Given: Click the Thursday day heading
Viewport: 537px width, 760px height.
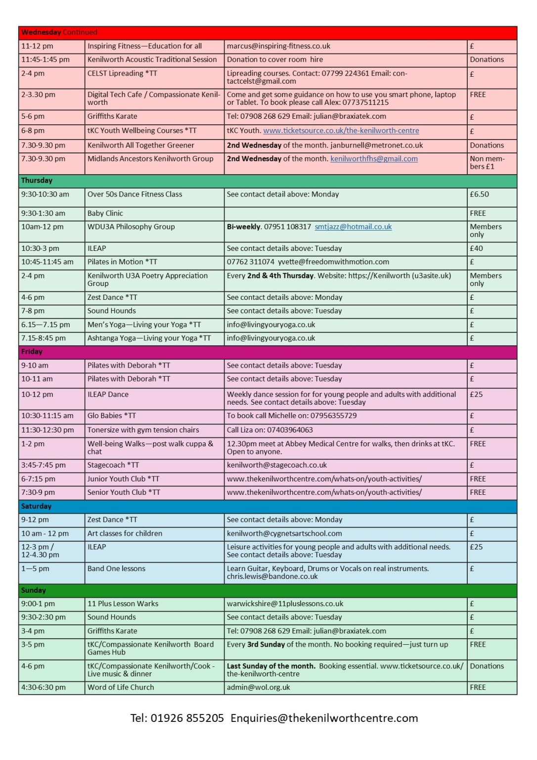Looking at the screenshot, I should coord(37,181).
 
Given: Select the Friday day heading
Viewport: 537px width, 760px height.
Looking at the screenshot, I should coord(32,352).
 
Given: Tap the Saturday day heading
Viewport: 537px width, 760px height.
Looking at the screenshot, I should coord(37,506).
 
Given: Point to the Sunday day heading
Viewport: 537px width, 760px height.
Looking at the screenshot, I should coord(34,590).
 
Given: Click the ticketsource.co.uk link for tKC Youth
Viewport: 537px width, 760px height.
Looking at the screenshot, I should coord(341,131).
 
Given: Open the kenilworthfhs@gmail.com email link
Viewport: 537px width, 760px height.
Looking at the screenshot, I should coord(374,159).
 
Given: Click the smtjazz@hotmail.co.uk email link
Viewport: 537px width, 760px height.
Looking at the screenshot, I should coord(353,227).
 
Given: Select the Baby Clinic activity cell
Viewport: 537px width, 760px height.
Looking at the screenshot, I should coord(105,213).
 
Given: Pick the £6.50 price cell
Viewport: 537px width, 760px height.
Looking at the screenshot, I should coord(479,194).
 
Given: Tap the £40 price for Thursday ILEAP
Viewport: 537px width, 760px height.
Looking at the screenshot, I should coord(476,248).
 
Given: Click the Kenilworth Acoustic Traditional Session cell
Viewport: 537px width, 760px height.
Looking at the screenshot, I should coord(152,59).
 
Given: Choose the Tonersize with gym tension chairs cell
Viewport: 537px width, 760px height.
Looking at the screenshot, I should coord(143,430).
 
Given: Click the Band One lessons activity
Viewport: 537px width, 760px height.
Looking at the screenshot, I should coord(117,569).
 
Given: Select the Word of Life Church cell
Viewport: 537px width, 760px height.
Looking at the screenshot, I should coord(121,687).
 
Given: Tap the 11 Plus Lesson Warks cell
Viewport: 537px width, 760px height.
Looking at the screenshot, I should coord(123,604).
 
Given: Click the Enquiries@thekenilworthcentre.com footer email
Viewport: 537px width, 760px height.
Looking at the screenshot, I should coord(324,718).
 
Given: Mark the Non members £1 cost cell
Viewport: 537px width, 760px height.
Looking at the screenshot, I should coord(487,163).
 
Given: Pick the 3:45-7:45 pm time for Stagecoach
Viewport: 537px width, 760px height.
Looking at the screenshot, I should coord(45,465).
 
